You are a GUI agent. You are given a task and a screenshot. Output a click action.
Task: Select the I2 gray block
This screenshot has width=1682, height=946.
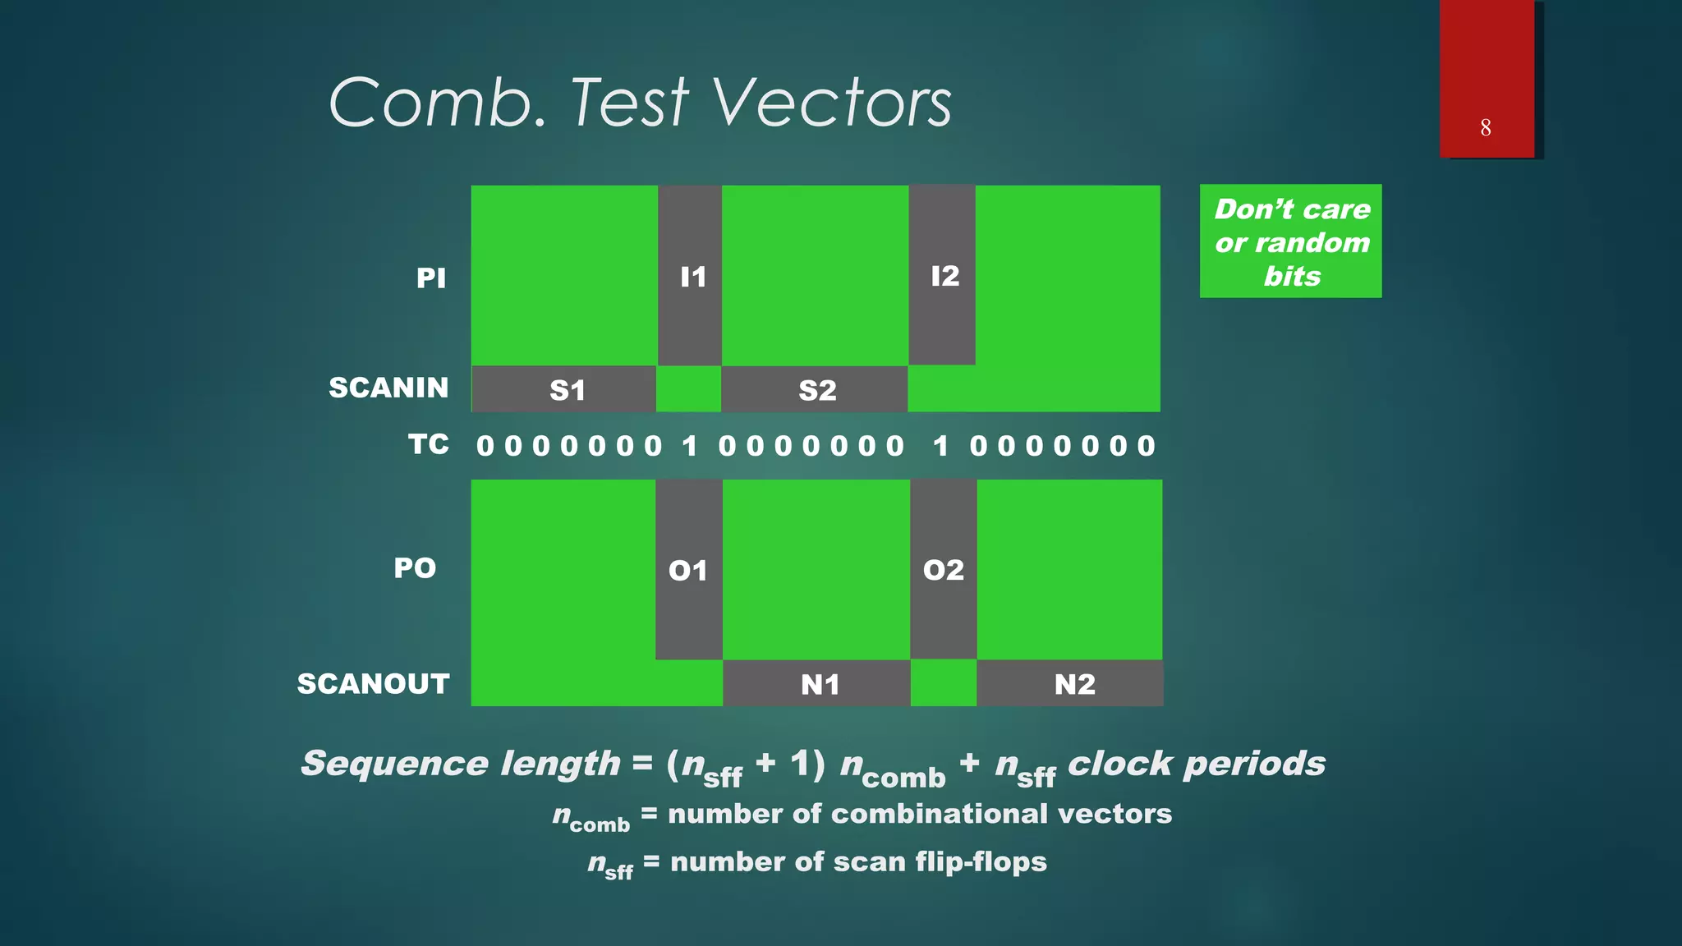[942, 275]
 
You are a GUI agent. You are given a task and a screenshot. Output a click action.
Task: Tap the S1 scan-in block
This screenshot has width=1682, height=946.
[564, 389]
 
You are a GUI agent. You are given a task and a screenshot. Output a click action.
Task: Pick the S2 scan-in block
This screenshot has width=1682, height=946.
[815, 389]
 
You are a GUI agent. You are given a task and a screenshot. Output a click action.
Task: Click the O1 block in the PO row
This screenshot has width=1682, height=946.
[689, 570]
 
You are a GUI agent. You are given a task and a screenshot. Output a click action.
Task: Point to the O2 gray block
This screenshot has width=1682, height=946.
[943, 570]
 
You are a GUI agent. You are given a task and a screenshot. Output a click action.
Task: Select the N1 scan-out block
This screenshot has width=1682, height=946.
[817, 683]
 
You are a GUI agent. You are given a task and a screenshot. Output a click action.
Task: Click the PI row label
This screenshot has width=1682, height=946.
[430, 278]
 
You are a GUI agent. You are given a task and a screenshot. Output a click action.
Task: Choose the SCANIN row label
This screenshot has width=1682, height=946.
[388, 387]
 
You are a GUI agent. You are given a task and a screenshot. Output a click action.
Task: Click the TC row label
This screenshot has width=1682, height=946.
[429, 444]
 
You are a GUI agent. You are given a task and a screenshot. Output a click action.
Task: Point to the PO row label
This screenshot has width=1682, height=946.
[415, 567]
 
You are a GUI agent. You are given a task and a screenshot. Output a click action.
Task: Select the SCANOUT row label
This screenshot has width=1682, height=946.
[374, 683]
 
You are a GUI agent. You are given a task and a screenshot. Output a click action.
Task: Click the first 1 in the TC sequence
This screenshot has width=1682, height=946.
[690, 446]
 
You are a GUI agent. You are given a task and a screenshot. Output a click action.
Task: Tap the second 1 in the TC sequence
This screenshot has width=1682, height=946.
[941, 446]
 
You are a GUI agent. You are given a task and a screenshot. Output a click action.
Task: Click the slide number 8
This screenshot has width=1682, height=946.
[1486, 127]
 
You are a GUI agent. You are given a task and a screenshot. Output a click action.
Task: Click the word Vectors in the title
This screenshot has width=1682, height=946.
[831, 103]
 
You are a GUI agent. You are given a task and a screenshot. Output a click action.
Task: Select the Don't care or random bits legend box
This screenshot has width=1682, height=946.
[1290, 241]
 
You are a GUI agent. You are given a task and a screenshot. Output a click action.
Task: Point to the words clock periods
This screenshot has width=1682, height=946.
[1196, 763]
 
